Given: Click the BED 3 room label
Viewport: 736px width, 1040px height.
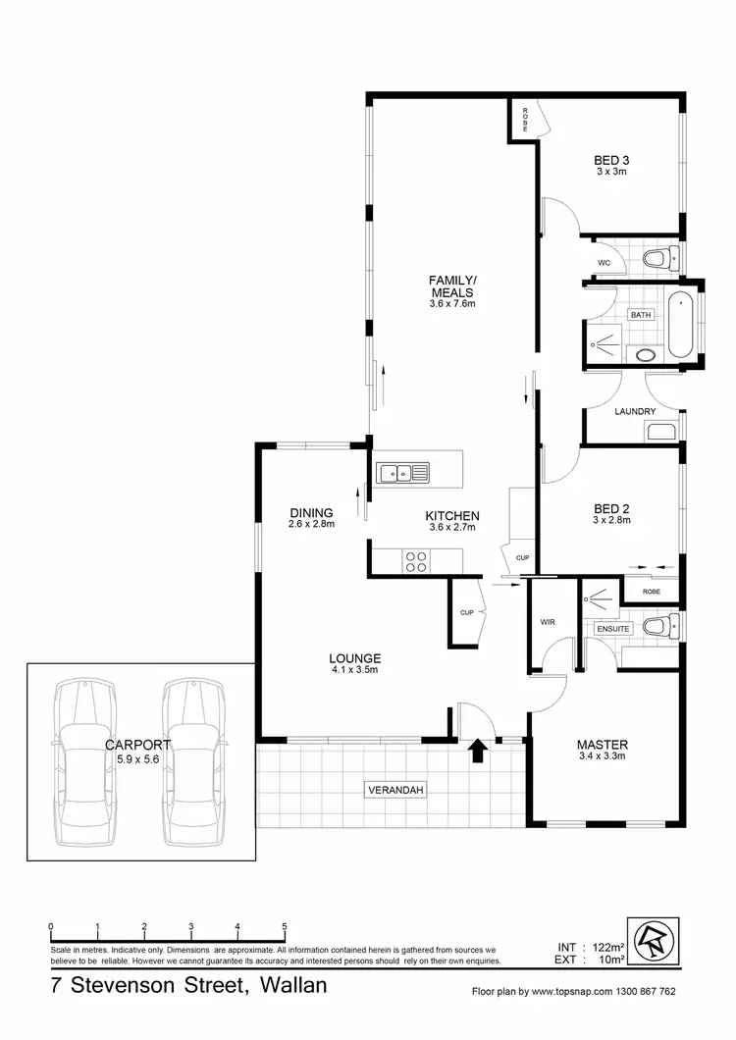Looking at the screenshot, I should pos(610,160).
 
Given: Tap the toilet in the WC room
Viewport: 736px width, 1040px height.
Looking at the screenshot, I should pos(658,260).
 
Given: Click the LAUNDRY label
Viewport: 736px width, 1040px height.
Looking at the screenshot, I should pos(634,412).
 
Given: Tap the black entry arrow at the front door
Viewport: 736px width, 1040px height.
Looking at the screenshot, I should pos(478,751).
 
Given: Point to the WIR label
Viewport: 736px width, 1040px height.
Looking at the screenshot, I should pos(549,622).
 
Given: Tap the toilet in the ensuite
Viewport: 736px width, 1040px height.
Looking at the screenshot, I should pos(660,626).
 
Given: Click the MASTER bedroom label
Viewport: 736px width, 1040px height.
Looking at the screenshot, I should pos(603,744).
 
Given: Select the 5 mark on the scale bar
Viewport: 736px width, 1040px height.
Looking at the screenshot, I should pos(285,927).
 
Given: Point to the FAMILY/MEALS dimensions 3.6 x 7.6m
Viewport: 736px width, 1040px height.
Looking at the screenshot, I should pos(451,304).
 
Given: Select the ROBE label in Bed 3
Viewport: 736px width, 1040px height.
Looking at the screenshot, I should pos(524,120).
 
